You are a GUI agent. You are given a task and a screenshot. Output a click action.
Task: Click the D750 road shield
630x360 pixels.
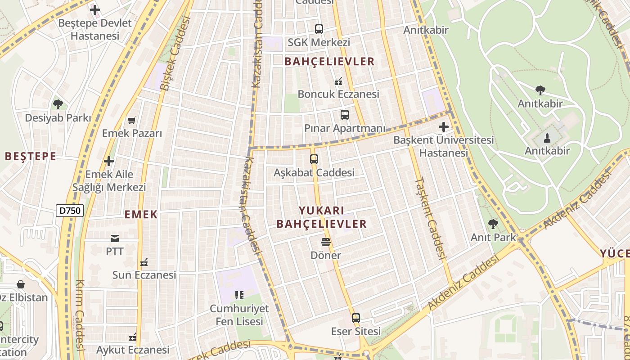[x=70, y=210]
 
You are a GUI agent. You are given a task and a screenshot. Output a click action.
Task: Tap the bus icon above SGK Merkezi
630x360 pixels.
[x=319, y=29]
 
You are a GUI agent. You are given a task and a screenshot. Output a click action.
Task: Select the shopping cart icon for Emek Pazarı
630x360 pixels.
[x=132, y=120]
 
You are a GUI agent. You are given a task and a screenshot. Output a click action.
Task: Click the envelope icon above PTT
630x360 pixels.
[x=115, y=238]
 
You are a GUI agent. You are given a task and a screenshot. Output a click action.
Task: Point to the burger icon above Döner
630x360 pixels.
[x=326, y=242]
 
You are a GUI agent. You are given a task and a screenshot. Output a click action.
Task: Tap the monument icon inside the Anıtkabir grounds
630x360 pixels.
[x=547, y=137]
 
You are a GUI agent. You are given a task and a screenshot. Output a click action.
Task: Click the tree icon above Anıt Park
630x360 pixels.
[x=493, y=224]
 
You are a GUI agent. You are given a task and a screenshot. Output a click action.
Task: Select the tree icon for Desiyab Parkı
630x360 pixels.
[x=58, y=104]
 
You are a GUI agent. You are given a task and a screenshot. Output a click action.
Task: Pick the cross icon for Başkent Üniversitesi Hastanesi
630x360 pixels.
[x=444, y=127]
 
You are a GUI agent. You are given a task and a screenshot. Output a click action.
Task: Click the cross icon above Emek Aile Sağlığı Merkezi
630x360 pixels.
[x=109, y=161]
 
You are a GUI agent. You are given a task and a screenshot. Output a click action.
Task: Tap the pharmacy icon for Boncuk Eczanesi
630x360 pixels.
[x=338, y=81]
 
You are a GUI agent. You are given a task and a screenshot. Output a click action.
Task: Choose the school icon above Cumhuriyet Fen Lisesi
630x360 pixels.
[x=239, y=295]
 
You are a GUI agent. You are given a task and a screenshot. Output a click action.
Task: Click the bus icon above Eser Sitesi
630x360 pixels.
[x=356, y=318]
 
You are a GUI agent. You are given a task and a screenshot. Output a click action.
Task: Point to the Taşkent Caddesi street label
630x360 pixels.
[x=430, y=218]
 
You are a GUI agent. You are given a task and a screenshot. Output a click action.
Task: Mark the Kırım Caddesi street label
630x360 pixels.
[x=80, y=315]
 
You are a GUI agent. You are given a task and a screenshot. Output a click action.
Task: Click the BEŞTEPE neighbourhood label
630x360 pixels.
[x=31, y=157]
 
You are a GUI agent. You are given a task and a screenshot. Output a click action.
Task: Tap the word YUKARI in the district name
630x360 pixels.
[x=322, y=211]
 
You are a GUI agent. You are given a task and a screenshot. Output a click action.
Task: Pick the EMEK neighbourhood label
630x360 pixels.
[x=141, y=215]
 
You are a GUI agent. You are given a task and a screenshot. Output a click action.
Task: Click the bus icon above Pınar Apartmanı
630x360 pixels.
[x=345, y=115]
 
